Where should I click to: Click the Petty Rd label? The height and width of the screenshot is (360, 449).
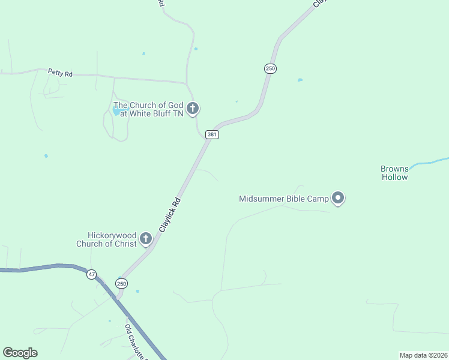coord(60,73)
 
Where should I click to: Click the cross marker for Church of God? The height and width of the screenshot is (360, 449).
coord(192,109)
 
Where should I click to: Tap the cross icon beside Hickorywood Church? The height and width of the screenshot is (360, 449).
coord(145,239)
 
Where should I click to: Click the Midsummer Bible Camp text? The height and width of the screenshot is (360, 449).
coord(285,199)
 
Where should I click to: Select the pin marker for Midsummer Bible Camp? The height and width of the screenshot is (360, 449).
coord(338,197)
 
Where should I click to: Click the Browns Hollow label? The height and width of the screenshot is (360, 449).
coord(394,173)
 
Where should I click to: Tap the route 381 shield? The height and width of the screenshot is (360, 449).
coord(211,134)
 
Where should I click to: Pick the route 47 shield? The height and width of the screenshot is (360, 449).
coord(91,274)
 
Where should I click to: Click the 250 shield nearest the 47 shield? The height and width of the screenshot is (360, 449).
coord(121,283)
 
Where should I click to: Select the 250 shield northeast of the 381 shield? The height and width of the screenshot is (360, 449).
coord(270,68)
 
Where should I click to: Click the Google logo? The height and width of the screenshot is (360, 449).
coord(20,353)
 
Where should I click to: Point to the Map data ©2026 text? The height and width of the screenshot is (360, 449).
coord(423,355)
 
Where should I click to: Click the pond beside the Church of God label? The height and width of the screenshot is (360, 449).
coord(116,110)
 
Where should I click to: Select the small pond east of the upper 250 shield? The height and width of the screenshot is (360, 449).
coord(300,80)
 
